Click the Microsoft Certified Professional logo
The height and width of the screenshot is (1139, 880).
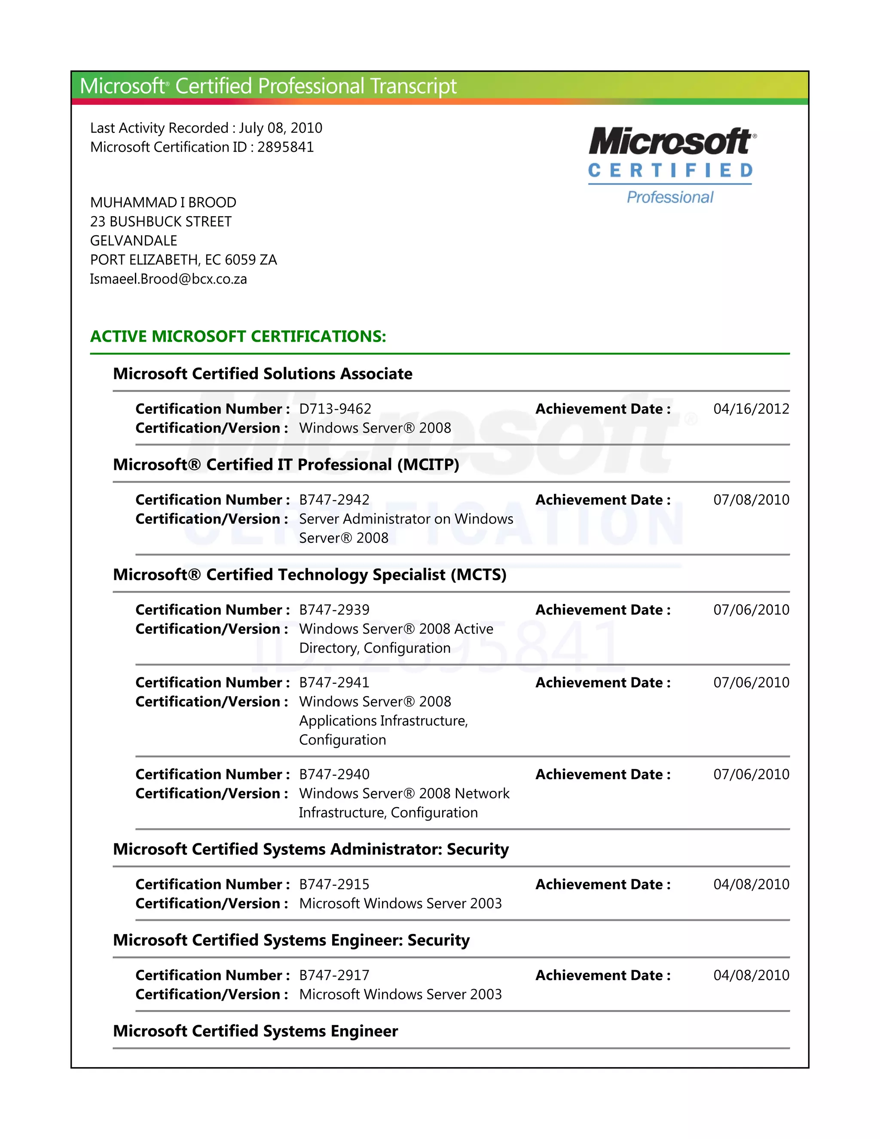point(672,166)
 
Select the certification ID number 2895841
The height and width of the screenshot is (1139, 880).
point(285,147)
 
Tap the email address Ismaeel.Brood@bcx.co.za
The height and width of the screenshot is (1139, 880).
point(168,279)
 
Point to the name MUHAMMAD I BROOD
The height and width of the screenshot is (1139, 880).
point(163,202)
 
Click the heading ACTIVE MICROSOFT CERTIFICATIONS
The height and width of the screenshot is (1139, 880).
point(238,337)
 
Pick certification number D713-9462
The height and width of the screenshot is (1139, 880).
point(335,409)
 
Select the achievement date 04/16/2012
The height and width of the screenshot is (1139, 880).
point(751,409)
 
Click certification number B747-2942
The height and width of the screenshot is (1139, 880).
point(334,499)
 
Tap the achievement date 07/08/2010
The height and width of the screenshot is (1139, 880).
point(751,499)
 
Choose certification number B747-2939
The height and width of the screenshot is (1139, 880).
point(334,609)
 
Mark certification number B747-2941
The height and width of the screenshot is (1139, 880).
point(334,682)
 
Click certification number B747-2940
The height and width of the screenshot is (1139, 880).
point(334,775)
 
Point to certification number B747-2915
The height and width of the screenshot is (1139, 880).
point(334,885)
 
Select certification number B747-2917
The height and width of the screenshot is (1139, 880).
point(334,975)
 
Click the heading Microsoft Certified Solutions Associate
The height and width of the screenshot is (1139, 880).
point(263,374)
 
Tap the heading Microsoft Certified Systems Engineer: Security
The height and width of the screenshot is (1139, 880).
point(291,940)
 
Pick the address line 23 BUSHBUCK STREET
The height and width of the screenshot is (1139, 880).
point(161,222)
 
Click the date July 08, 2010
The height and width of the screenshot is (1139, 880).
point(281,128)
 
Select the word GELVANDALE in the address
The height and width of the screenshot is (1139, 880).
point(134,240)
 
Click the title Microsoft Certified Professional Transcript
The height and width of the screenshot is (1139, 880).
point(268,86)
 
